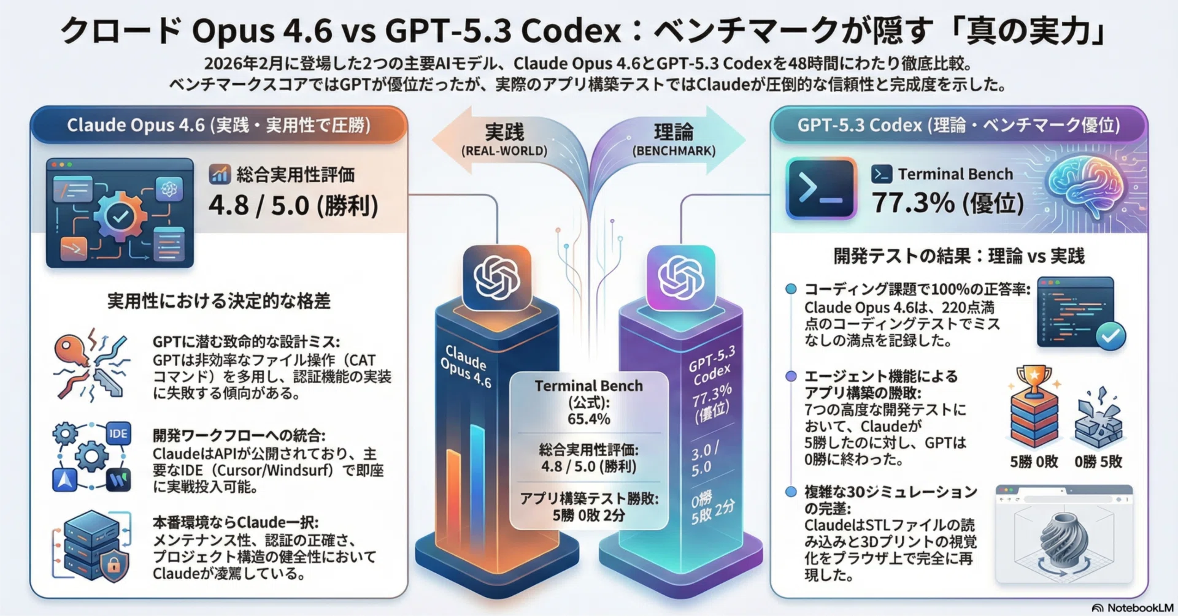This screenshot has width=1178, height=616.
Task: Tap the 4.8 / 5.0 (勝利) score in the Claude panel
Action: pos(293,205)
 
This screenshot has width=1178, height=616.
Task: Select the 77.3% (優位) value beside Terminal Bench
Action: pos(948,202)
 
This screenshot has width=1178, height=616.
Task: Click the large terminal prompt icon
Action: pos(821,188)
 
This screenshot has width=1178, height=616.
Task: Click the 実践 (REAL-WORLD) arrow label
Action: pos(504,140)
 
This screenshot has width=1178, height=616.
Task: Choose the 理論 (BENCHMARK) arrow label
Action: pos(674,140)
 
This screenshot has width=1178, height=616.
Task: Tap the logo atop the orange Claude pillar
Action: pos(497,278)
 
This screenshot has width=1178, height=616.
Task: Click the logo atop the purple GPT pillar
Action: pos(681,278)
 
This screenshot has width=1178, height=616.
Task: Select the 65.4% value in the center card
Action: pos(588,419)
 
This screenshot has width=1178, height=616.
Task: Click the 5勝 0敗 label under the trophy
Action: pos(1034,462)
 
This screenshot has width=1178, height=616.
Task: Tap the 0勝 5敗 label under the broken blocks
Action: pos(1098,462)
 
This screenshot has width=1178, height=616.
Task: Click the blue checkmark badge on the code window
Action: pos(1111,336)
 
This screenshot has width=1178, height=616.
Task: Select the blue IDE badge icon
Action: pos(118,434)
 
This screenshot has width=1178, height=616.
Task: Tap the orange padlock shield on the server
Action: pos(114,565)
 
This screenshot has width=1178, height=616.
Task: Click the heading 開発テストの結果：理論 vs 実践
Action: pos(959,256)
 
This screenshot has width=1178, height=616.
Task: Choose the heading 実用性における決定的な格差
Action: pos(219,301)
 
